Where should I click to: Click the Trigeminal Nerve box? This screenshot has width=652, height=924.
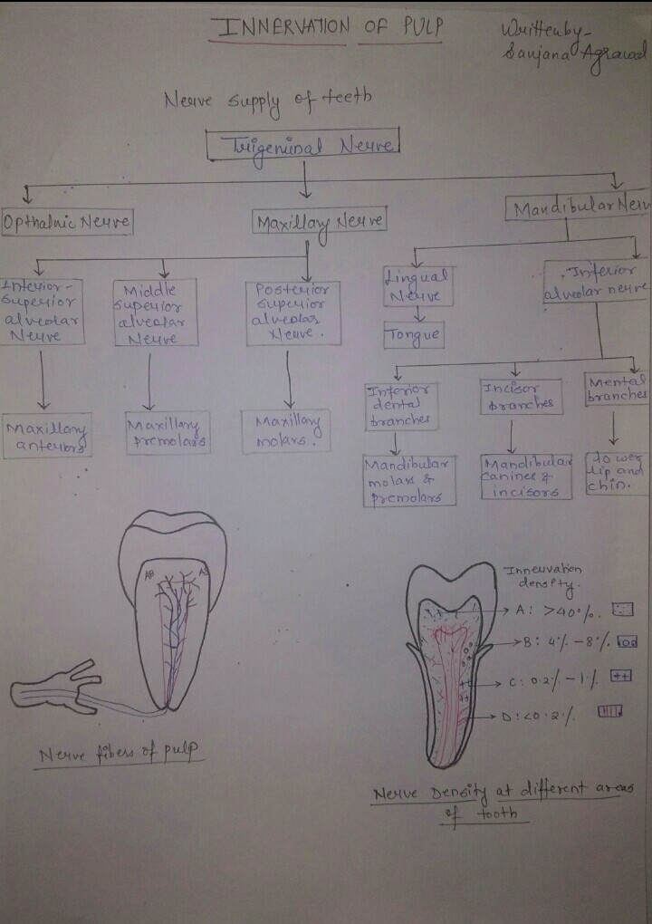304,144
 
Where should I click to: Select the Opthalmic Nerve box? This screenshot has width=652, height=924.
68,222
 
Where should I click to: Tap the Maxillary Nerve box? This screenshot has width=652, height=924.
320,221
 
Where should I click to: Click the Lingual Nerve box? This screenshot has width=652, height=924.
417,285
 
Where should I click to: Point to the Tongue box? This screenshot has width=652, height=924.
414,335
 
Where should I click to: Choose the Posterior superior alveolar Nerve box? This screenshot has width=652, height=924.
292,313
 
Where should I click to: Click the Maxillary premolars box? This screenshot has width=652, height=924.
168,433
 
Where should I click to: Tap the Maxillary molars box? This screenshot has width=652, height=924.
283,430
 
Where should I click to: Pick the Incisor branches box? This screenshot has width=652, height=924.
515,396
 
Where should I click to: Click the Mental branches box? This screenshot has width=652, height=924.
617,390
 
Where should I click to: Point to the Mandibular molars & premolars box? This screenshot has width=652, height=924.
409,479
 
